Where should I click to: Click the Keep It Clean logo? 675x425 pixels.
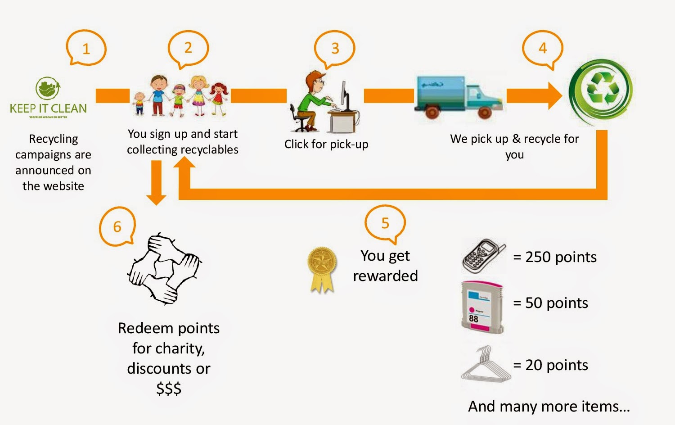[x=48, y=97]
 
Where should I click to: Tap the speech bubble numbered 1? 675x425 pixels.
[x=86, y=48]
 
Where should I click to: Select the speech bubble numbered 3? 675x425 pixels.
[x=335, y=48]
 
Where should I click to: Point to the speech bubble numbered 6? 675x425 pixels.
[x=117, y=226]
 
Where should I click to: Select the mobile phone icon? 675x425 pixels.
[x=483, y=256]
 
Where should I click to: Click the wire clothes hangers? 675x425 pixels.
[x=485, y=365]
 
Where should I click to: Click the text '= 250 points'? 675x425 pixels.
[x=554, y=257]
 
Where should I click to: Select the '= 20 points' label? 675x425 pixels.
[x=550, y=365]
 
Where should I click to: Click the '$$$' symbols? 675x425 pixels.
[x=169, y=388]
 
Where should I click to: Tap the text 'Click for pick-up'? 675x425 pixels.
[x=326, y=144]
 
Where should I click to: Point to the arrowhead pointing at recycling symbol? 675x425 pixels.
[x=554, y=95]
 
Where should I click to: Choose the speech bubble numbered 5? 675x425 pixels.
[x=385, y=223]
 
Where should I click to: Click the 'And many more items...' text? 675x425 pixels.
[x=549, y=407]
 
